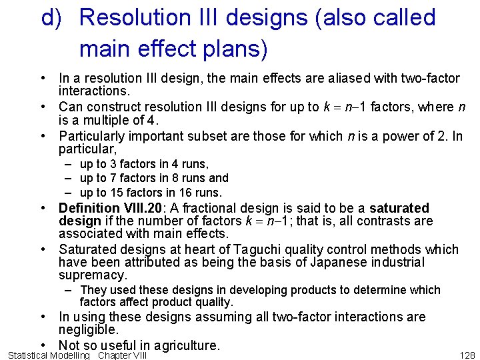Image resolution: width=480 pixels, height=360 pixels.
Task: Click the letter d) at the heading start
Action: coord(53,18)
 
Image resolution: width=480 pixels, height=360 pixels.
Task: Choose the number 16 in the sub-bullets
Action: coord(181,192)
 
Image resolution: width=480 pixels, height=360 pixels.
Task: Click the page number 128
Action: coord(467,355)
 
